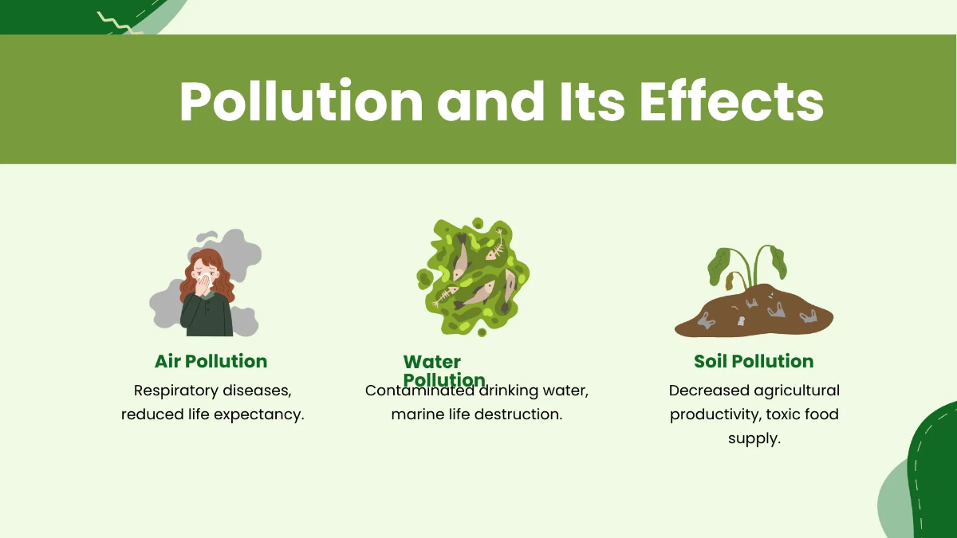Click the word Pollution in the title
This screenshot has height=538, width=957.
coord(301,101)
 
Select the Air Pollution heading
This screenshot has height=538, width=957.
coord(211,361)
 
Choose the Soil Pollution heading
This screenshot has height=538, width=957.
coord(754,361)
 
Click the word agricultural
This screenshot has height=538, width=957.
coord(800,391)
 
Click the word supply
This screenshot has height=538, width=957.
coord(754,438)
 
